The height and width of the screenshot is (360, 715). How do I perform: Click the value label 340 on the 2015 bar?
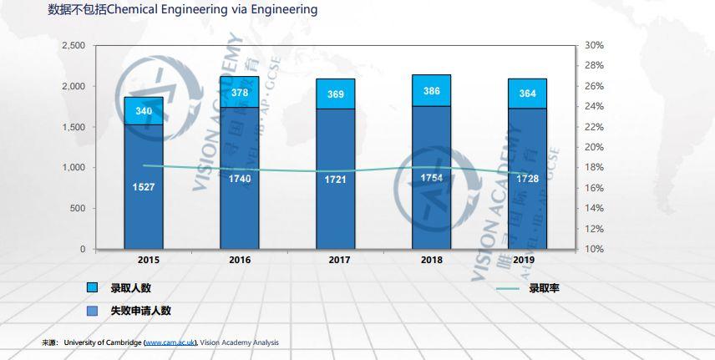click(144, 111)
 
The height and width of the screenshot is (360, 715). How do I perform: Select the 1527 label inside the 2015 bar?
click(144, 186)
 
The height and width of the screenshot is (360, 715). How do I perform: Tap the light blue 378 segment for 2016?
click(240, 92)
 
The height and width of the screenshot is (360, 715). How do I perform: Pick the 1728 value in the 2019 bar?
click(527, 180)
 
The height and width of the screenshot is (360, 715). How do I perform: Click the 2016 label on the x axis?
click(240, 260)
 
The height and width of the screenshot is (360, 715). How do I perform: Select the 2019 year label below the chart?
click(524, 260)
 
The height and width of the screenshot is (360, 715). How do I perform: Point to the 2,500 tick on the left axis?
click(73, 45)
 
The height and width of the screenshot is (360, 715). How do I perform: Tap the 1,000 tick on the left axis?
click(73, 168)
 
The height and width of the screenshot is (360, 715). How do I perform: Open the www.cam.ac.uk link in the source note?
click(170, 343)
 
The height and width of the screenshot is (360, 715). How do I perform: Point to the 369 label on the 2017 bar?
click(336, 94)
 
